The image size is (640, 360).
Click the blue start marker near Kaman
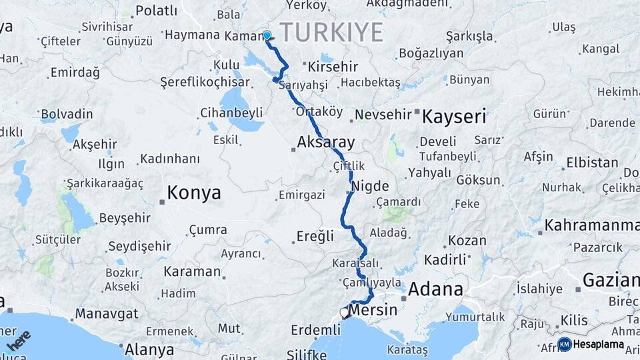(x=267, y=35)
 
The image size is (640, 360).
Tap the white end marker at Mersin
(x=344, y=312)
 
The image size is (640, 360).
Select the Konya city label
(x=193, y=193)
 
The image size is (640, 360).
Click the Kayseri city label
(x=454, y=117)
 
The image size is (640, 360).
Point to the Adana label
(x=435, y=289)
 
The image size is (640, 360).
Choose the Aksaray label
(x=325, y=142)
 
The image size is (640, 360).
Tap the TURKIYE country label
(x=331, y=31)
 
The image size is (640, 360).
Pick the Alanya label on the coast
(x=150, y=349)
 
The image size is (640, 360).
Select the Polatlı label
(x=156, y=10)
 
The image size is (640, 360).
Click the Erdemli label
(x=316, y=329)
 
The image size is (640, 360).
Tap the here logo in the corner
(x=18, y=340)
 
